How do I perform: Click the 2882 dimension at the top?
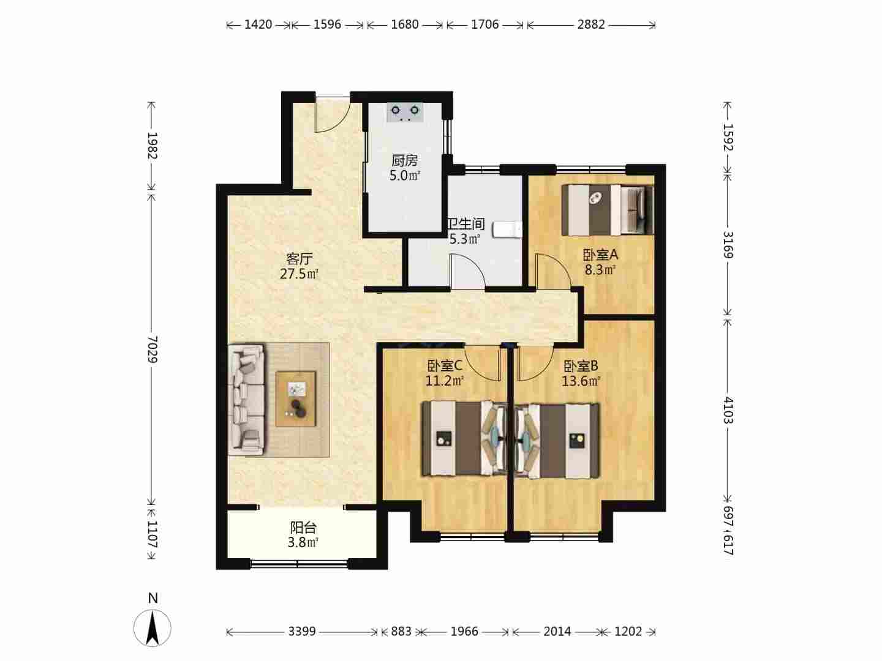click(590, 25)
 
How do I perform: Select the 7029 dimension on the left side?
click(152, 349)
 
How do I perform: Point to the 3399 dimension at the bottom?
click(302, 632)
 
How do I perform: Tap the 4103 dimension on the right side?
click(728, 410)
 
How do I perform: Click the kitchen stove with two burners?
click(405, 112)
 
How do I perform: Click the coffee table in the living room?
click(296, 399)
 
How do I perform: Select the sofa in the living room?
click(246, 400)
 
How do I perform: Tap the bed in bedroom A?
click(608, 209)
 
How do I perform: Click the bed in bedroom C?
click(464, 439)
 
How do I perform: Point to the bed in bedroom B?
click(557, 441)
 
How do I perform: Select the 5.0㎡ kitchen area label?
click(405, 176)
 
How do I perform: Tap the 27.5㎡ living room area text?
click(299, 274)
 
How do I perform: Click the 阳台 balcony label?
click(303, 528)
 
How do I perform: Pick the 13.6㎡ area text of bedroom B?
click(581, 381)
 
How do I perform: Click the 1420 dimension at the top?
click(258, 25)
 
